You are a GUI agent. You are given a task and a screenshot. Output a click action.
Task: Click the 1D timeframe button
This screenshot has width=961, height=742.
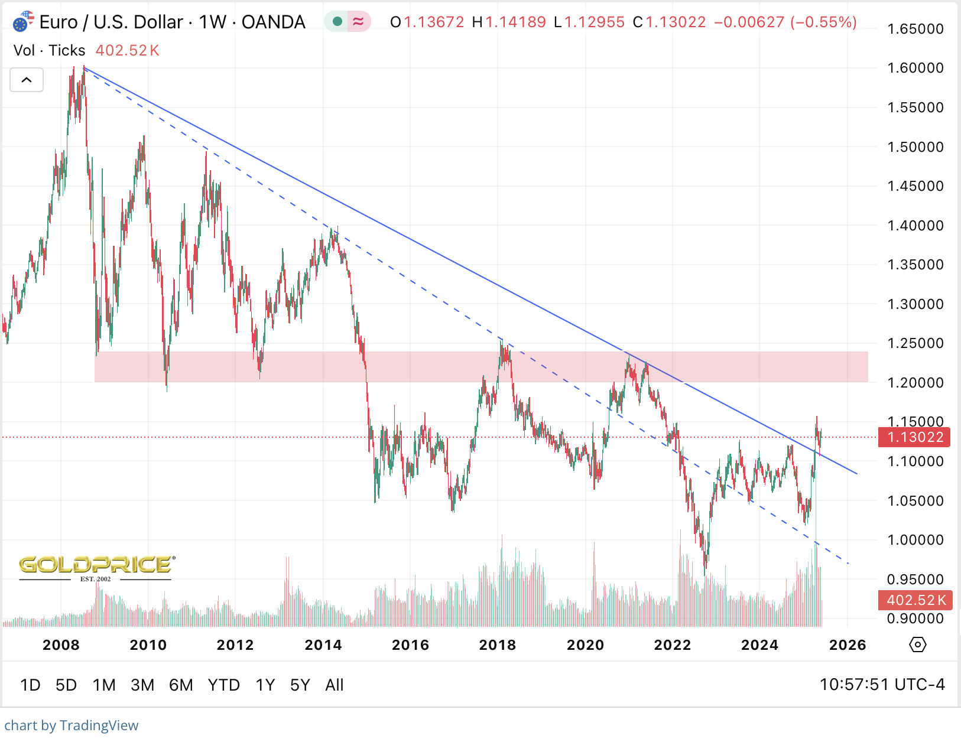tap(30, 685)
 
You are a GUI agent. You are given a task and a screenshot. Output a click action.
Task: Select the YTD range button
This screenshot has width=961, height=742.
tap(223, 685)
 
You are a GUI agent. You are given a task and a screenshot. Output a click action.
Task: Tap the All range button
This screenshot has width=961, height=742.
tap(334, 685)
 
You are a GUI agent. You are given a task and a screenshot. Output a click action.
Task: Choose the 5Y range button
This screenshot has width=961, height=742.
tap(300, 685)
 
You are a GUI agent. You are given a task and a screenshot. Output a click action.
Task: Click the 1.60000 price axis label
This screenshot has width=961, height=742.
tap(915, 68)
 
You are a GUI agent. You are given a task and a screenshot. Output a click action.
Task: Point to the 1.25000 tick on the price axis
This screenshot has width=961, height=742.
tap(915, 343)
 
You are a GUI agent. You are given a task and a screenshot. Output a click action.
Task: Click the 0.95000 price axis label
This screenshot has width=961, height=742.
tap(915, 580)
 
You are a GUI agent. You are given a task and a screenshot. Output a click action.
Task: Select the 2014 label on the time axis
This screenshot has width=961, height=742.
tap(323, 645)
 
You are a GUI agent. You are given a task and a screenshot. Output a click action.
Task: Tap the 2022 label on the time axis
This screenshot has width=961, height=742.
tap(672, 645)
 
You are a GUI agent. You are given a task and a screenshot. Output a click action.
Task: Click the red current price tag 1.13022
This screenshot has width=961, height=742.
tap(915, 437)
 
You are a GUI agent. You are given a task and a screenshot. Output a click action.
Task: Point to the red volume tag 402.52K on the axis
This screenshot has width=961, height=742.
tap(915, 600)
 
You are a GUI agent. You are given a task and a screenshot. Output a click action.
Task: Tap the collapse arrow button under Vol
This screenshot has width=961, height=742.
tap(27, 80)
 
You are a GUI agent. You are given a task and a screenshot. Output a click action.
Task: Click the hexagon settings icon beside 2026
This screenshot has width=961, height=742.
tap(917, 645)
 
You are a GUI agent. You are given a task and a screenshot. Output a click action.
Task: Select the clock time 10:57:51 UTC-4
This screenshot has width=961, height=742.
tap(882, 685)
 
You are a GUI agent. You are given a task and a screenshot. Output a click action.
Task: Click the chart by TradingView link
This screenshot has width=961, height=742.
tap(72, 725)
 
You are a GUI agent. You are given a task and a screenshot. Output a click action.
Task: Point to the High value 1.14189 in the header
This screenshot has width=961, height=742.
tap(515, 22)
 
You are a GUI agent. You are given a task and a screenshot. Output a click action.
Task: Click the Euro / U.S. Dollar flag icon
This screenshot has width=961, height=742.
tap(22, 22)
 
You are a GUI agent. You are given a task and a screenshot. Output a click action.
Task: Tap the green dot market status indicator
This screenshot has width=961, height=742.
tap(337, 22)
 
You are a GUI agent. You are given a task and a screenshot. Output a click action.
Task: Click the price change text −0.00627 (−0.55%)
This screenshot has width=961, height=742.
tap(785, 22)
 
